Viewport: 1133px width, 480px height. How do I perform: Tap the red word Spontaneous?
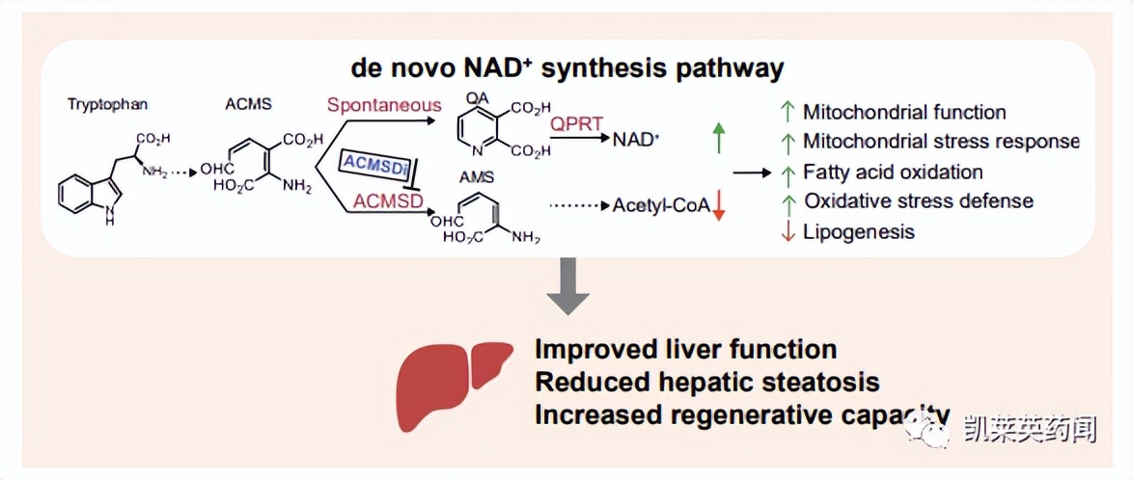[x=383, y=105]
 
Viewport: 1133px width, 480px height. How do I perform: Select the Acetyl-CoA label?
[x=661, y=205]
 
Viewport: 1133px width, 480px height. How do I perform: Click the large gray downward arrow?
[x=568, y=286]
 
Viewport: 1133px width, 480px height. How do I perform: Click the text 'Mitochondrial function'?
[x=904, y=113]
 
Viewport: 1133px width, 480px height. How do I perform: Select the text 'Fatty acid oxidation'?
[x=893, y=173]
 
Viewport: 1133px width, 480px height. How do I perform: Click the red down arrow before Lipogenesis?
[x=788, y=231]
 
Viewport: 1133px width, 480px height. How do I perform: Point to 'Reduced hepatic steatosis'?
[x=707, y=382]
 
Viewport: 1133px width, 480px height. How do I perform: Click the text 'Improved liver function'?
[x=686, y=349]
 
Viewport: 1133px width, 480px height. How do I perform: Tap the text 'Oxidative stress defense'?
[x=918, y=201]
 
